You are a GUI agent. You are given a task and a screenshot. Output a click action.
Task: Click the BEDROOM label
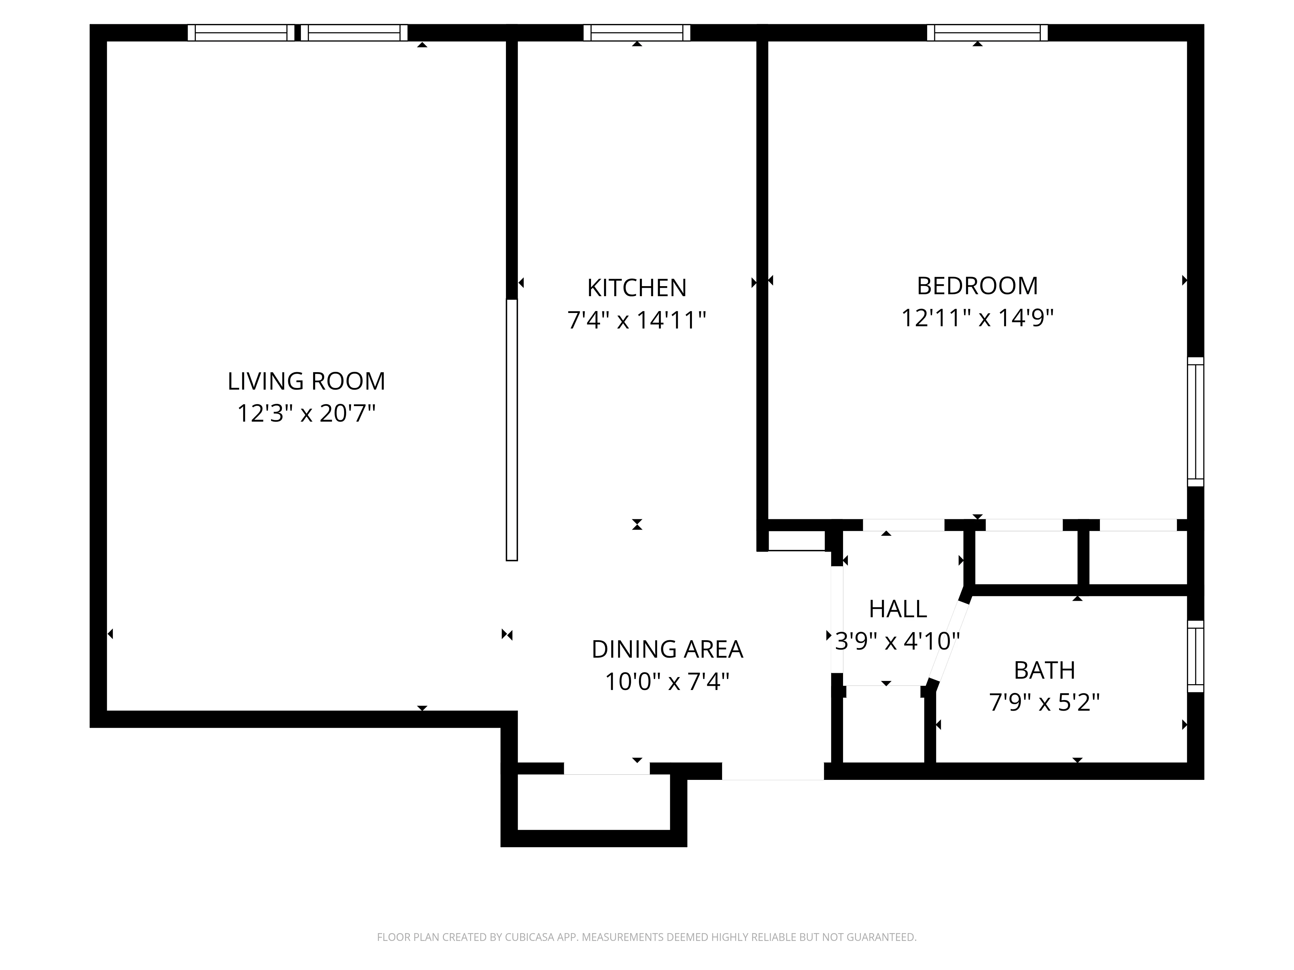pos(977,286)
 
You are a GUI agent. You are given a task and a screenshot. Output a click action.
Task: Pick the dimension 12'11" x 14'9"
pos(977,318)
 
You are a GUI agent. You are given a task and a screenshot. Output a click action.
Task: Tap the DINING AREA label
pos(667,649)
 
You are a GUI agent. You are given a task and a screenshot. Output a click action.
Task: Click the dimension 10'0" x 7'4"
pos(667,682)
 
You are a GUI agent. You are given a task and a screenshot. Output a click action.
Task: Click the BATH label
pos(1044,670)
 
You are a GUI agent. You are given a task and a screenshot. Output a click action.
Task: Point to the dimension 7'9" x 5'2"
pos(1044,702)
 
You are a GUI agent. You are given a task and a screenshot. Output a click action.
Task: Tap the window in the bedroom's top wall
pos(987,33)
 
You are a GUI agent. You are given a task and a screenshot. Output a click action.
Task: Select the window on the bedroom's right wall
pos(1195,422)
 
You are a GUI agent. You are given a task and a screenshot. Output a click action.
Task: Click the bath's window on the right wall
pos(1195,656)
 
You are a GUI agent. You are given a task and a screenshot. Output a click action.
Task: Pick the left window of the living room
pos(240,33)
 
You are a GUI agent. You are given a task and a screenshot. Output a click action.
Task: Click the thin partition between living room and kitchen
pos(512,430)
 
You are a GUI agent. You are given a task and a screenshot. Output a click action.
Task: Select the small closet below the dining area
pos(593,802)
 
